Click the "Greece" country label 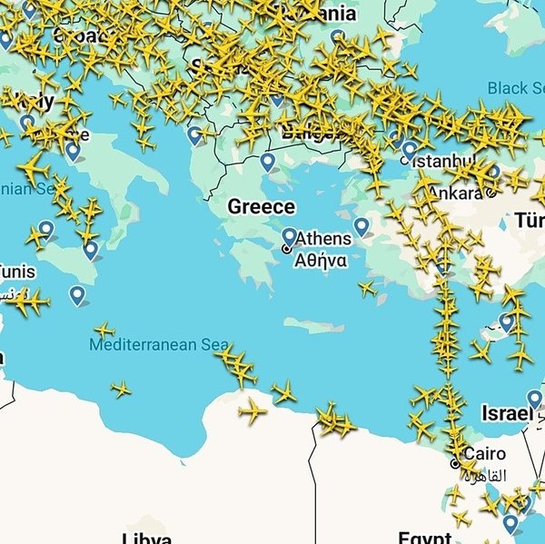[261, 207]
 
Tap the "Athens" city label [323, 239]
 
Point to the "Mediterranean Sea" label [159, 345]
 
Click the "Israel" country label [506, 414]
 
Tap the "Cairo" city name [484, 454]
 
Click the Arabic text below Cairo [484, 472]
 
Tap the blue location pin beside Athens [290, 237]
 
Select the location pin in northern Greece [267, 162]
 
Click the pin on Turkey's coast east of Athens [362, 226]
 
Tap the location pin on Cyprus [507, 321]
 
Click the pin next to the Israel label [534, 399]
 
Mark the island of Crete [313, 325]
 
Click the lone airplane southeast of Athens [367, 289]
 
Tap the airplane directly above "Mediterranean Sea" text [105, 330]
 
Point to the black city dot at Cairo [456, 463]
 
